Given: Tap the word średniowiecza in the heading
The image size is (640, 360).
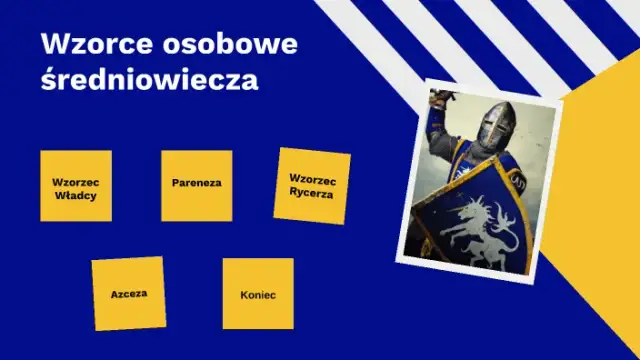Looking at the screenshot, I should point(150,80).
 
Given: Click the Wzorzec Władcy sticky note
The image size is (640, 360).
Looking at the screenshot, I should point(76,186).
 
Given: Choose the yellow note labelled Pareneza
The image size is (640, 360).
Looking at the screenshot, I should point(196,185).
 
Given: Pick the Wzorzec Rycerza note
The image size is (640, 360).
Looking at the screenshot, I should point(312,185).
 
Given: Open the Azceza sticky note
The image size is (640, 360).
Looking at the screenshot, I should point(129,294).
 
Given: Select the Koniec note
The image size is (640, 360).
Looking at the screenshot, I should point(258,294).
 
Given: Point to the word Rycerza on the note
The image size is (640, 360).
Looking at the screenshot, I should point(312,193).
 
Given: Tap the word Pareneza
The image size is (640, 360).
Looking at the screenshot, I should point(196,185).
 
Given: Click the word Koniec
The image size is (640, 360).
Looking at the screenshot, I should point(258,295).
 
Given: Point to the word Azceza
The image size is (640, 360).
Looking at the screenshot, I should point(129,295).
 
